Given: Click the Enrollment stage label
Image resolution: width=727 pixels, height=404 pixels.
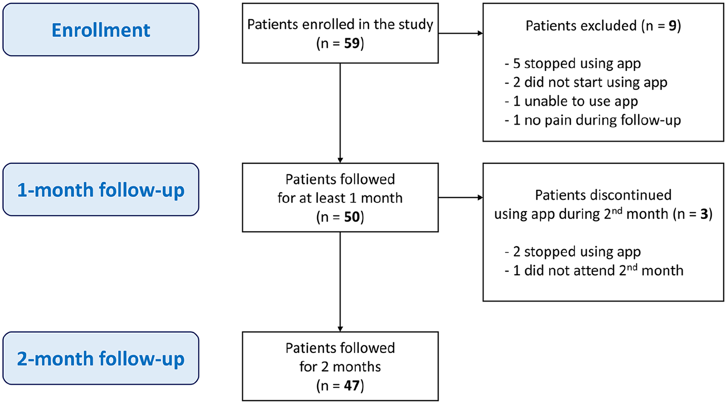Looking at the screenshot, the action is (x=101, y=30).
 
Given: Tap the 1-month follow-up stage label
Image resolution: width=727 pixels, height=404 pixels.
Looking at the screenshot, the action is (x=101, y=190).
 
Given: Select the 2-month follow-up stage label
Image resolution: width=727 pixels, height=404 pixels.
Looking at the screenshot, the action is (x=101, y=359).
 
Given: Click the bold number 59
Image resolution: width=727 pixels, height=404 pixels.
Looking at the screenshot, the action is (x=352, y=43).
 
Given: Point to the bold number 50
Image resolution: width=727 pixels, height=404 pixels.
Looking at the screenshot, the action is (x=352, y=217).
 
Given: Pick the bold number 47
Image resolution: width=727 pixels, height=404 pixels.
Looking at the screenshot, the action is (x=352, y=386).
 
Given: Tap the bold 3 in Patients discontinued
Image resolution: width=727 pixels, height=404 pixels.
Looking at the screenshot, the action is (x=704, y=214).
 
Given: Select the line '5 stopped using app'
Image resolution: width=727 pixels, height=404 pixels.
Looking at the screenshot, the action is (x=573, y=64).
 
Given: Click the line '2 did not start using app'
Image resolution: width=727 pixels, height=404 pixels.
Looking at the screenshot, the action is (x=586, y=83).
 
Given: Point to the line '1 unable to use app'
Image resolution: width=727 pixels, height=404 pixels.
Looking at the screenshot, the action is (x=571, y=101).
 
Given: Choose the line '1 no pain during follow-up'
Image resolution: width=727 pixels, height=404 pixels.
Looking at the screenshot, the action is (x=593, y=120).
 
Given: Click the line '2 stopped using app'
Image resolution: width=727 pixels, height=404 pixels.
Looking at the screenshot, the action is (x=573, y=252).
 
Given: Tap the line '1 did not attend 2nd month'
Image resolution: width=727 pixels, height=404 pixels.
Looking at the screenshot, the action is (x=594, y=270).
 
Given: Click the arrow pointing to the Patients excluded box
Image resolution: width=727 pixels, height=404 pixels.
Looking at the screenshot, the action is (x=460, y=33).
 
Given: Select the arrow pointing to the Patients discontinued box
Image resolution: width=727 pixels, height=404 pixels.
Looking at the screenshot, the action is (x=460, y=197).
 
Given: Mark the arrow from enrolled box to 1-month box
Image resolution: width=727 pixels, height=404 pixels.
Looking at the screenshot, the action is (x=340, y=113).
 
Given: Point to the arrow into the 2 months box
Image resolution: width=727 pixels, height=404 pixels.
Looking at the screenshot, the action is (x=340, y=282).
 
